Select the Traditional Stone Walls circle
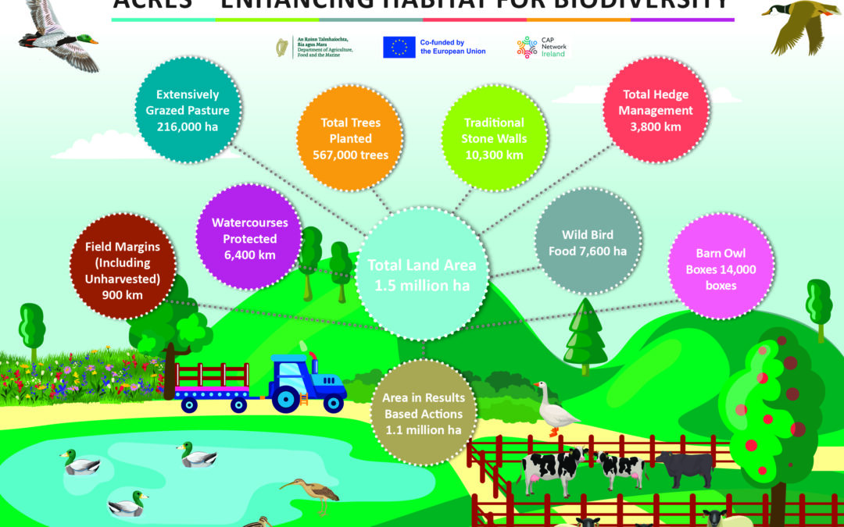pyautogui.click(x=494, y=138)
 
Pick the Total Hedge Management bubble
pyautogui.click(x=656, y=111)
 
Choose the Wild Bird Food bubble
pyautogui.click(x=588, y=243)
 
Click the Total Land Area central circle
pyautogui.click(x=422, y=275)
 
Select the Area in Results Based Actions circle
pyautogui.click(x=423, y=412)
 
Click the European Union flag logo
pyautogui.click(x=399, y=48)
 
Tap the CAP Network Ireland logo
pyautogui.click(x=527, y=48)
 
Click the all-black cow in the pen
pyautogui.click(x=686, y=467)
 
